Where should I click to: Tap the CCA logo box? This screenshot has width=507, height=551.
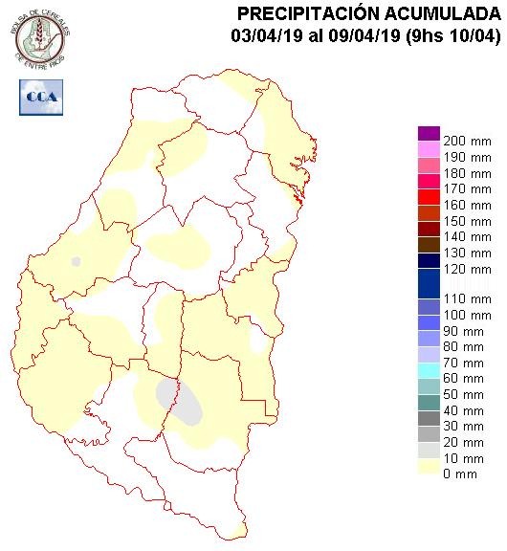click(x=40, y=97)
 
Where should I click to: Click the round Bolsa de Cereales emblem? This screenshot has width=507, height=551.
click(x=41, y=35)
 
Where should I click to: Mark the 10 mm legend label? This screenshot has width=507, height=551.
click(x=464, y=457)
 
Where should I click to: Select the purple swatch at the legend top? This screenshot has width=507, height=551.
click(x=429, y=133)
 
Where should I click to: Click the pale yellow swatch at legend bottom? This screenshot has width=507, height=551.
click(x=429, y=466)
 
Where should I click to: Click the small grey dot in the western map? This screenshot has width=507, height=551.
click(x=77, y=261)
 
